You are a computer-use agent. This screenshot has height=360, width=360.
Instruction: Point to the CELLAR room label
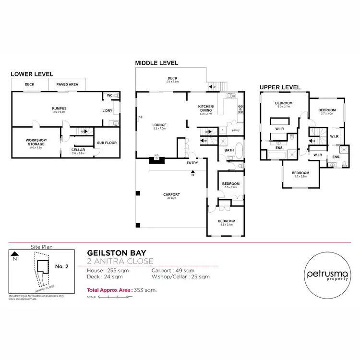[78, 149]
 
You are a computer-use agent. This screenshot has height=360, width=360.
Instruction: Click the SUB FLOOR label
[107, 143]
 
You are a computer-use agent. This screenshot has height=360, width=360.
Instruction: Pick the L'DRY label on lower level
[108, 111]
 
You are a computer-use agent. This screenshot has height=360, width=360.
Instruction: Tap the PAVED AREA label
[67, 84]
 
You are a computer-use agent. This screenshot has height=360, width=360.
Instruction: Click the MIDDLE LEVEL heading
[156, 63]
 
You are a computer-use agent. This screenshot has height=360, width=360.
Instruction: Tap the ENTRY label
[192, 163]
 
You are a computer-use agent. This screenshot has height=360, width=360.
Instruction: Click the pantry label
[235, 130]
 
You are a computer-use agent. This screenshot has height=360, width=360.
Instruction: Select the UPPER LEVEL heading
[280, 87]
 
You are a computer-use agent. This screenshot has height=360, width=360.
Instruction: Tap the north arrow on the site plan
[15, 255]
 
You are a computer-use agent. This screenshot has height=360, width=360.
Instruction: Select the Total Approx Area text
[121, 290]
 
